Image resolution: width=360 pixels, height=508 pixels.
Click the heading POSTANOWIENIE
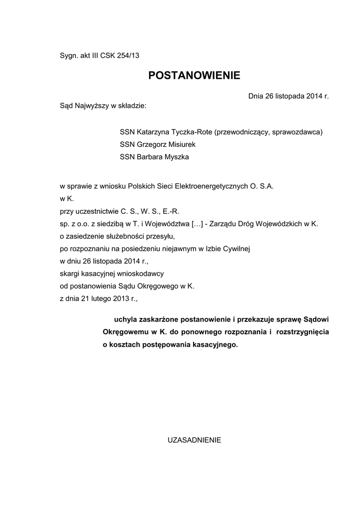coord(194,75)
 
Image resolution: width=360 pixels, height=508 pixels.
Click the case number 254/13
coord(128,56)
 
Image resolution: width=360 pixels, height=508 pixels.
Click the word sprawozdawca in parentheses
coord(297,132)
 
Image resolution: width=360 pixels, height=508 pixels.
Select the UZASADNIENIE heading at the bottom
coord(194,440)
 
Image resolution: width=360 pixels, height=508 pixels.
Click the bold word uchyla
coord(125,318)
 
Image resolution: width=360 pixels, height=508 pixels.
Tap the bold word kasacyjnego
coord(214,344)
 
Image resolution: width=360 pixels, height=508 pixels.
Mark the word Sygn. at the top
coord(69,56)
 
